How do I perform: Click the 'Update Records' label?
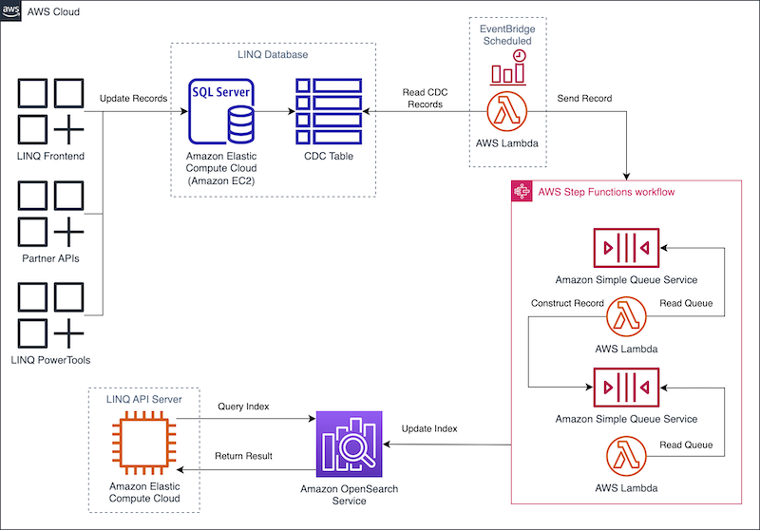134,99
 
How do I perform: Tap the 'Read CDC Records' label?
425,98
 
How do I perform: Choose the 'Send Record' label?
584,99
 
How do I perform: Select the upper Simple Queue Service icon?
625,248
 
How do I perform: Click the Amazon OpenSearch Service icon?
348,443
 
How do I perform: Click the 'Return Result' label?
244,456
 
